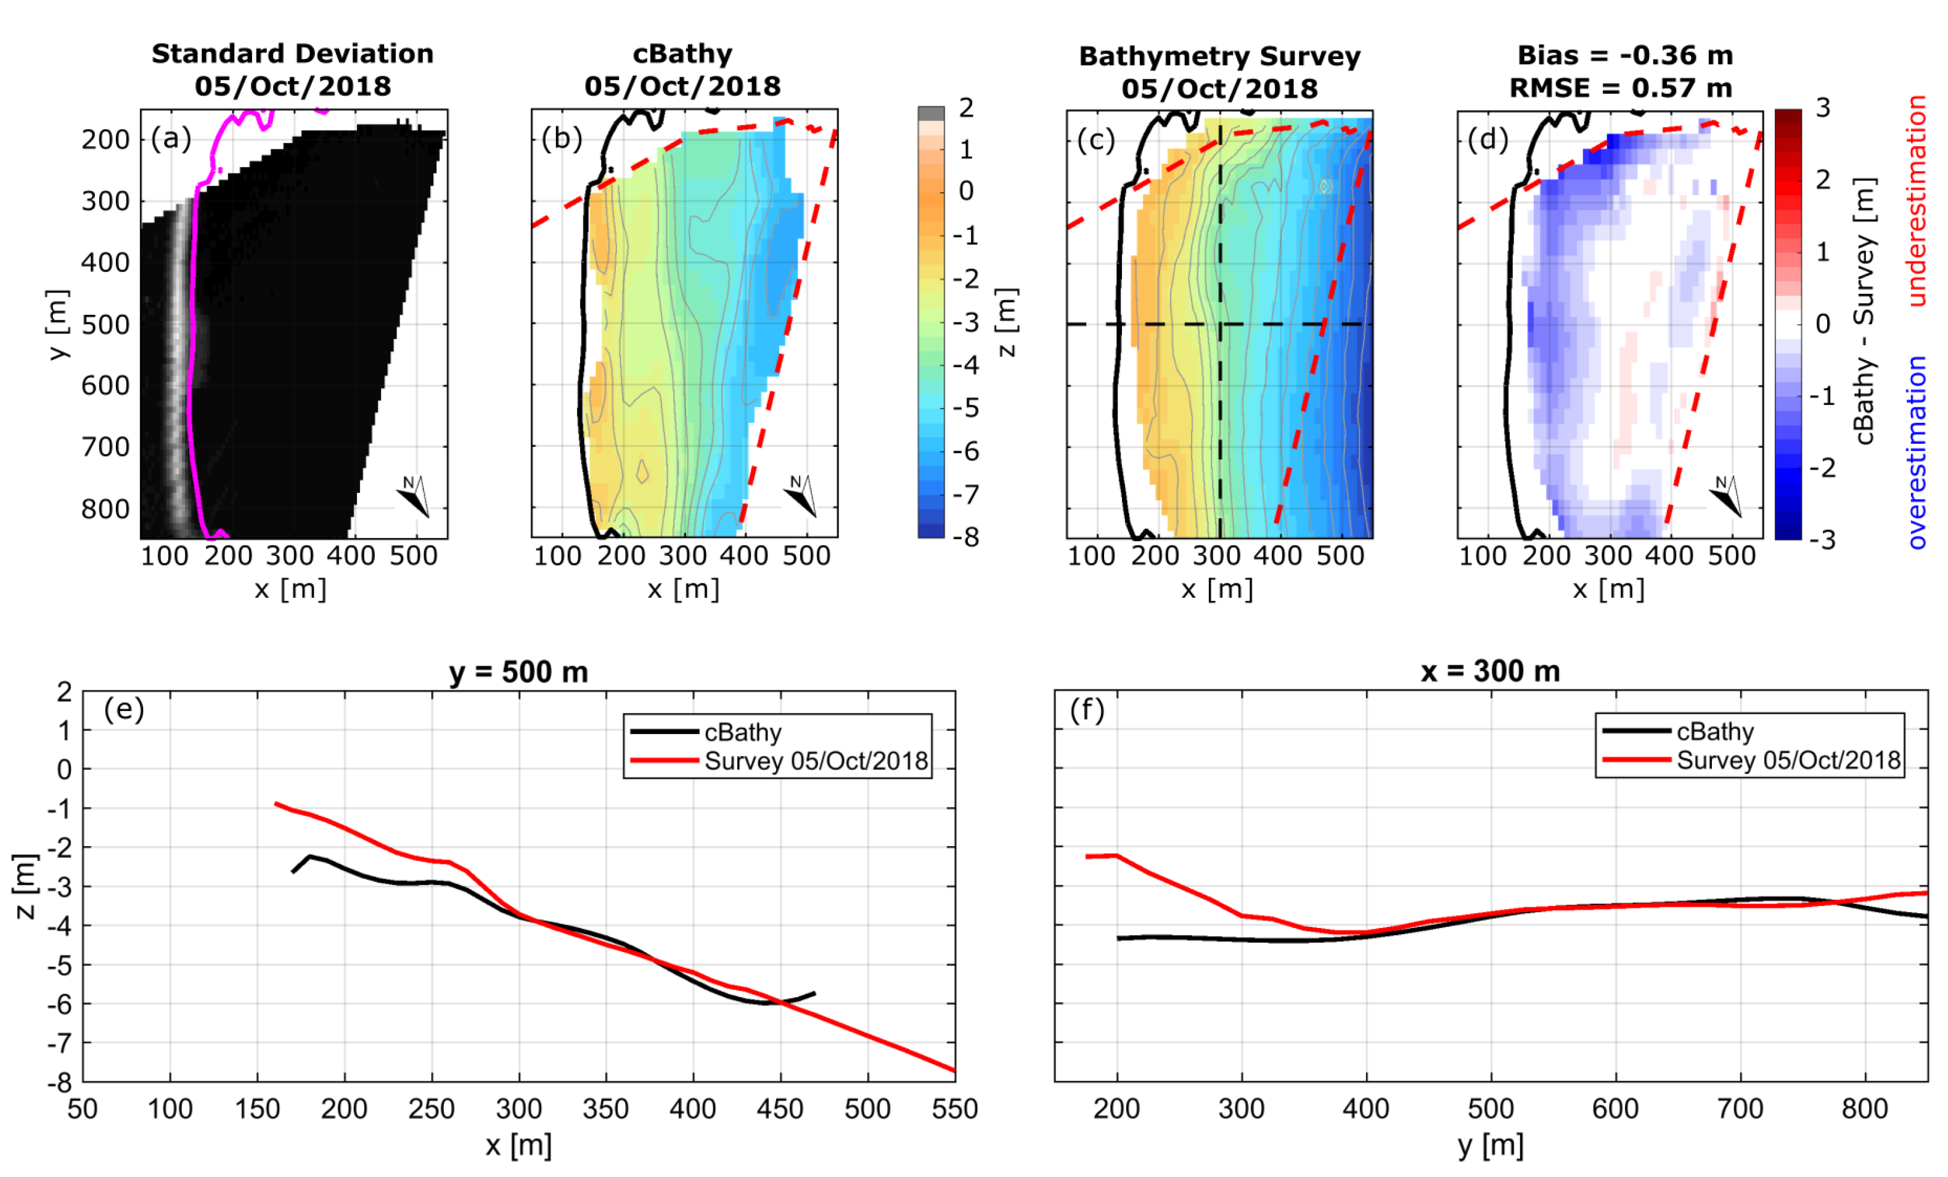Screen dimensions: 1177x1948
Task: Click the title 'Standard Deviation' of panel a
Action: (293, 54)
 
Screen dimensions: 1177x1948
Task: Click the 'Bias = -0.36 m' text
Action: (1624, 55)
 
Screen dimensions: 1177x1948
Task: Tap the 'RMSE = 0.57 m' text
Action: (1620, 88)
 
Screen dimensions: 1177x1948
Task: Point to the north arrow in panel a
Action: (414, 497)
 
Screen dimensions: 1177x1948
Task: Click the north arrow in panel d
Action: (1726, 497)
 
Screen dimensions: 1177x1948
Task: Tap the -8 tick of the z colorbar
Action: (965, 537)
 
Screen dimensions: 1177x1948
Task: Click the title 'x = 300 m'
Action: (1489, 672)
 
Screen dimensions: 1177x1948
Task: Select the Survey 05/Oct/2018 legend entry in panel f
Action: (1788, 760)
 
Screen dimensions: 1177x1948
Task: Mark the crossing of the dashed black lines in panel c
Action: (1220, 324)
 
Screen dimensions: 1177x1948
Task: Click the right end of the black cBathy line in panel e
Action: (814, 993)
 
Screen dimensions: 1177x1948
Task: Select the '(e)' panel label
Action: (124, 709)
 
